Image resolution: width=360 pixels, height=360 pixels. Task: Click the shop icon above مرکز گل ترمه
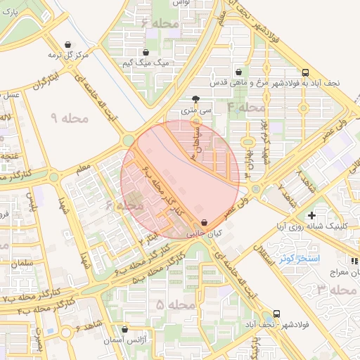[67, 44]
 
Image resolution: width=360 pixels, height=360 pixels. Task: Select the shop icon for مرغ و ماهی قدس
[239, 72]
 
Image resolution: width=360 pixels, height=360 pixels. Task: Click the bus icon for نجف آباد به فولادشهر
[305, 72]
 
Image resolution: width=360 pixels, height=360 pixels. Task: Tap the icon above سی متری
[195, 99]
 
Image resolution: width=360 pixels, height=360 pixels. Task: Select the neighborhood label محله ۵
[175, 304]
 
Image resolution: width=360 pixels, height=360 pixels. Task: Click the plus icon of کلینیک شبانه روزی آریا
[311, 214]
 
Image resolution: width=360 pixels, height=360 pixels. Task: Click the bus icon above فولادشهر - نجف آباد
[276, 314]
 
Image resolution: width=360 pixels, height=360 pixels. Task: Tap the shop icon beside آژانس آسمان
[125, 329]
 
